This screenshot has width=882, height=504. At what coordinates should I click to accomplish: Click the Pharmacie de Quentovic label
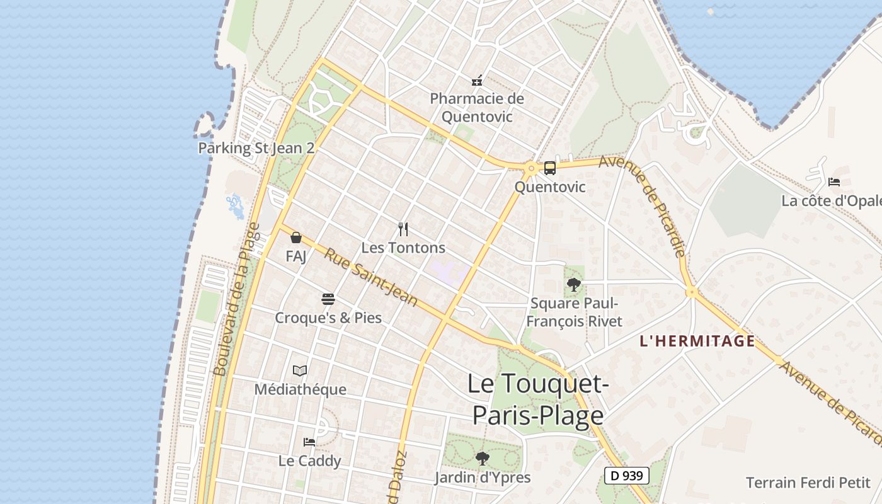coord(477,108)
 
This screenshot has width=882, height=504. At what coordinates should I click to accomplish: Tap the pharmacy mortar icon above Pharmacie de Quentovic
coord(477,81)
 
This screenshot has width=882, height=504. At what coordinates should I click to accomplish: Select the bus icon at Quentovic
coord(550,168)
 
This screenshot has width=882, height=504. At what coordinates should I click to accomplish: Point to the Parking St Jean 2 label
coord(256,148)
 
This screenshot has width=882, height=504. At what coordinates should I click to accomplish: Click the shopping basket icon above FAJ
coord(296,238)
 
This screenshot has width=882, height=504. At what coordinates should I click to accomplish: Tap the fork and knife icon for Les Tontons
coord(404,229)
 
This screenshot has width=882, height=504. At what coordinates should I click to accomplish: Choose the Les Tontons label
coord(403,248)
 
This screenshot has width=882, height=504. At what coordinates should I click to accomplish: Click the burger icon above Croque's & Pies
coord(328,299)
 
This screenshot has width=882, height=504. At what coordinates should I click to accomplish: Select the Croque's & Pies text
coord(328,318)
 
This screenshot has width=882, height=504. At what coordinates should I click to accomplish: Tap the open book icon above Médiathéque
coord(300,370)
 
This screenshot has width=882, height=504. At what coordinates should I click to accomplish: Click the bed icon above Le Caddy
coord(309,442)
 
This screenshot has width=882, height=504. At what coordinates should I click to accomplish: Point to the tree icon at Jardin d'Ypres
coord(482,458)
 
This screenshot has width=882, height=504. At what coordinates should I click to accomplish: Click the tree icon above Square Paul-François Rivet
coord(573,285)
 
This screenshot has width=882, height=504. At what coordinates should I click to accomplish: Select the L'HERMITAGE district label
coord(697,341)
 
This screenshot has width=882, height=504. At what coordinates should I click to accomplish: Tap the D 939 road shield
coord(627,476)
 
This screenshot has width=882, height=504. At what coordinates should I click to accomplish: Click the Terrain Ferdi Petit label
coord(808,483)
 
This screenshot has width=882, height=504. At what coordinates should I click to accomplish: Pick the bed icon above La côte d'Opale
coord(834,182)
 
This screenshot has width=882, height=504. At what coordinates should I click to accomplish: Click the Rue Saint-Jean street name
coord(371,277)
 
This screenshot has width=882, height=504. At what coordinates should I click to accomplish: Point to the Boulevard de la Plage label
coord(237,299)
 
